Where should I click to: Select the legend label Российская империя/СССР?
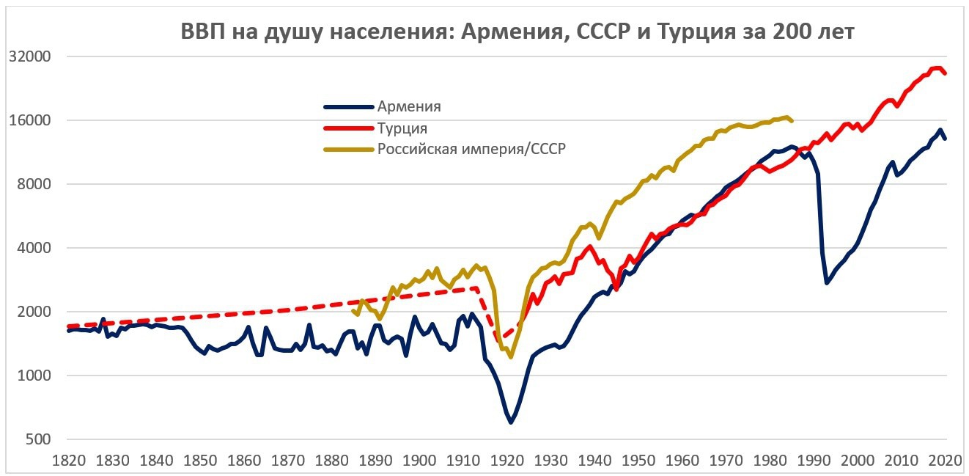(x=473, y=149)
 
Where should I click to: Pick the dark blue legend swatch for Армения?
(x=348, y=107)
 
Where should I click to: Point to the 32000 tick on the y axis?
(x=29, y=57)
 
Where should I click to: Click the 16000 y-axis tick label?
(x=29, y=121)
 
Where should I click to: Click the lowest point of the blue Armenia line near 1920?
(x=511, y=422)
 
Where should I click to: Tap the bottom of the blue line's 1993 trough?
(x=827, y=282)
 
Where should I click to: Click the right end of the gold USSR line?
(x=792, y=120)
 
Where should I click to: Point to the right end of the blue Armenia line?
(x=946, y=139)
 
